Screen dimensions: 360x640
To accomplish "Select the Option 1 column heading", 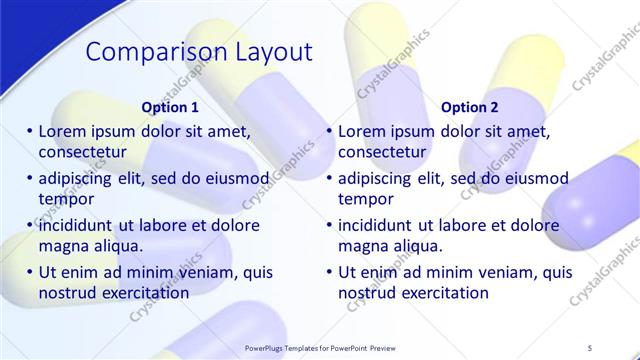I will coord(170,107).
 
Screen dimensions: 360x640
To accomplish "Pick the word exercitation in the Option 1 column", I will coord(146,293).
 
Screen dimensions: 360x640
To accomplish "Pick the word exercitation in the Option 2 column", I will coord(446,293).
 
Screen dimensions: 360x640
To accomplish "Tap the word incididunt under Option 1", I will coord(79,225).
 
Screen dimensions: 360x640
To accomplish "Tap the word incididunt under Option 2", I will coord(379,225).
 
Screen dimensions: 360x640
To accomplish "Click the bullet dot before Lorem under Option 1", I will coord(30,130).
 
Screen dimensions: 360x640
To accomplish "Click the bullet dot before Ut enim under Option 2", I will coord(330,271).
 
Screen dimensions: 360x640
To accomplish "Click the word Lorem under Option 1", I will coord(61,130).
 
